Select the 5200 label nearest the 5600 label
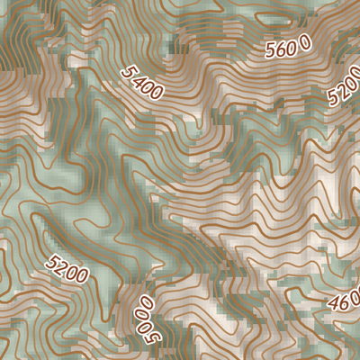(x=346, y=88)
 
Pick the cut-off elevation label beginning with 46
(x=346, y=299)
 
